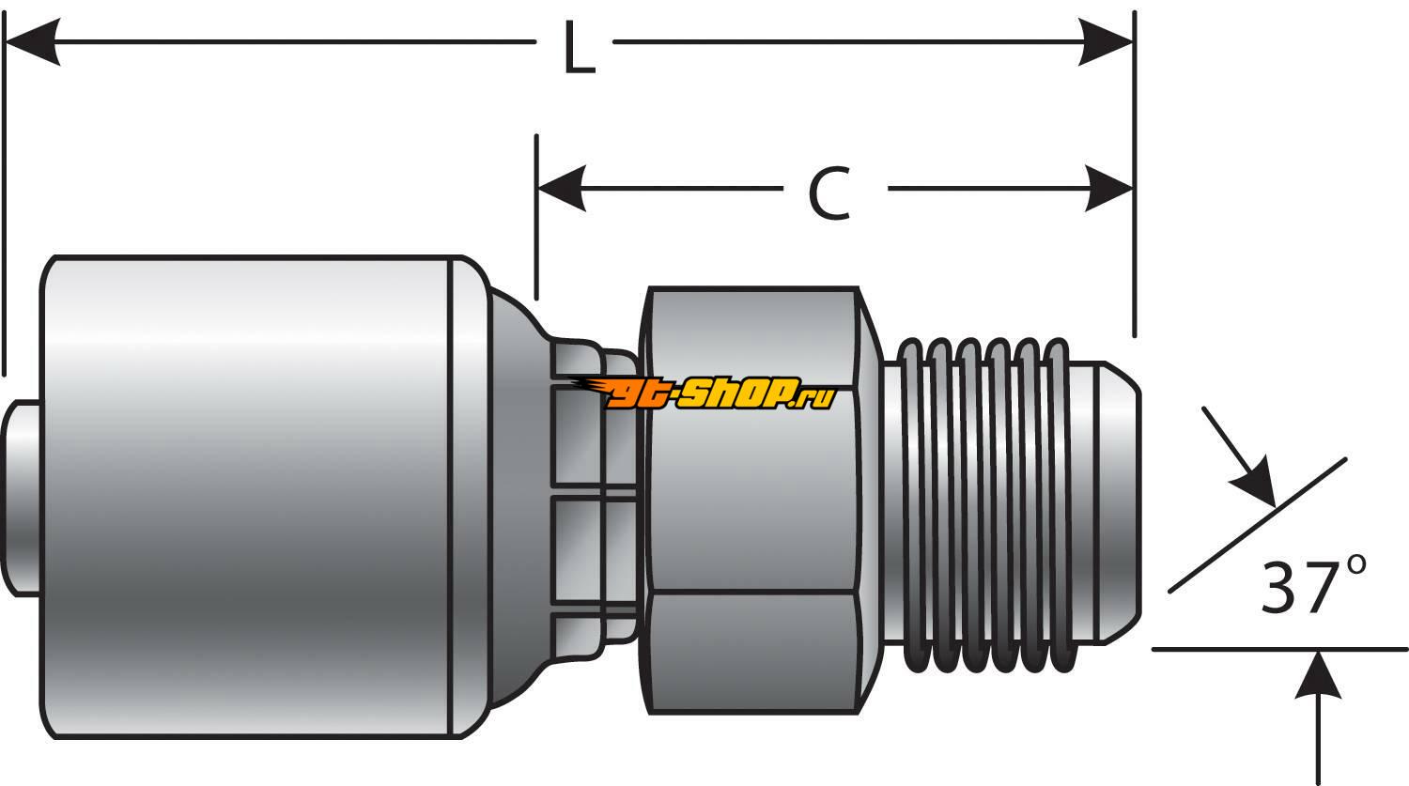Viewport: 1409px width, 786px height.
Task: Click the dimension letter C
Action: [x=829, y=194]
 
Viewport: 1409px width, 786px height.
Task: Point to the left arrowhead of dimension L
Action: [x=33, y=41]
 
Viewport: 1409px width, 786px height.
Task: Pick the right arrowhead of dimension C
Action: [x=1108, y=188]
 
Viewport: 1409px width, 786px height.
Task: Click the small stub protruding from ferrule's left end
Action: [x=21, y=498]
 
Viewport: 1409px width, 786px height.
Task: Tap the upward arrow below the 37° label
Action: [x=1318, y=678]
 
